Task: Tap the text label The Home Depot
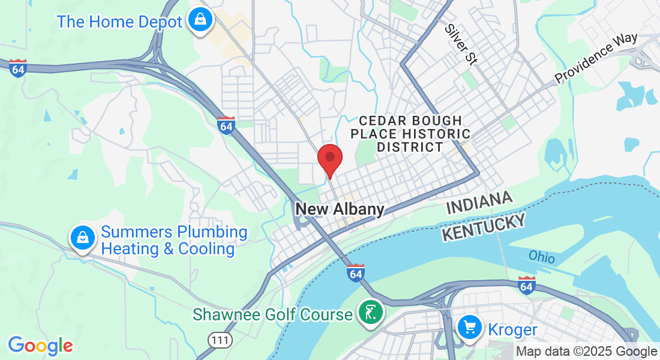119,22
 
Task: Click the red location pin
329,160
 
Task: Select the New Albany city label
340,209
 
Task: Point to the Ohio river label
542,256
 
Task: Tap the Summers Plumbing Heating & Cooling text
174,241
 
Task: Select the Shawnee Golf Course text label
272,314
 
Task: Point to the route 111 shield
220,340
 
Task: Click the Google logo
40,345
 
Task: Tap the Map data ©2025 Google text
587,351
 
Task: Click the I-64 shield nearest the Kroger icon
527,285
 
